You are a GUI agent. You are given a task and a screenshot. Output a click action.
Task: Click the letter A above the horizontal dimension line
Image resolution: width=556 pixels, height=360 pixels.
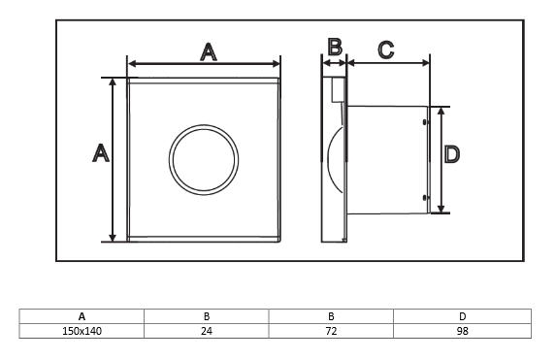click(x=209, y=52)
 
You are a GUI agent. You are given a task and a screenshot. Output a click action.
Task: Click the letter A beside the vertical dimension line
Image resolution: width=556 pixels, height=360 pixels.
click(x=101, y=153)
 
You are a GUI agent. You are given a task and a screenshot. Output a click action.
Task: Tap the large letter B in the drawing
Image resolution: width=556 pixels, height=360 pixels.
click(x=335, y=47)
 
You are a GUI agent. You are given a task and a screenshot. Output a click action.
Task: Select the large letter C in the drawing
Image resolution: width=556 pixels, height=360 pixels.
click(x=386, y=49)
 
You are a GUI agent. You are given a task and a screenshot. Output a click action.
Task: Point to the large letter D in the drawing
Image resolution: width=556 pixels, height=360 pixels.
click(x=452, y=154)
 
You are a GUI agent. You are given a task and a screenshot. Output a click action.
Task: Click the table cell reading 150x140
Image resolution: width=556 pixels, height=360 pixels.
click(x=82, y=331)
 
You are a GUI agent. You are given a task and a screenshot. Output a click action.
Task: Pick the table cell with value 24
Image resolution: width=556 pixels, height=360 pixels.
click(x=207, y=331)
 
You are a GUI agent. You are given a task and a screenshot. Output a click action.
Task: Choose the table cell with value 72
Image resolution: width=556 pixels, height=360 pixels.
click(x=331, y=331)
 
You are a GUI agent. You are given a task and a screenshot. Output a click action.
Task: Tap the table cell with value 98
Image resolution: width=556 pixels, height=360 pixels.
click(x=463, y=331)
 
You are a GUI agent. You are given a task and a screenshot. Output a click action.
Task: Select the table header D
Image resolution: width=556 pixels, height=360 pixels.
click(x=463, y=316)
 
